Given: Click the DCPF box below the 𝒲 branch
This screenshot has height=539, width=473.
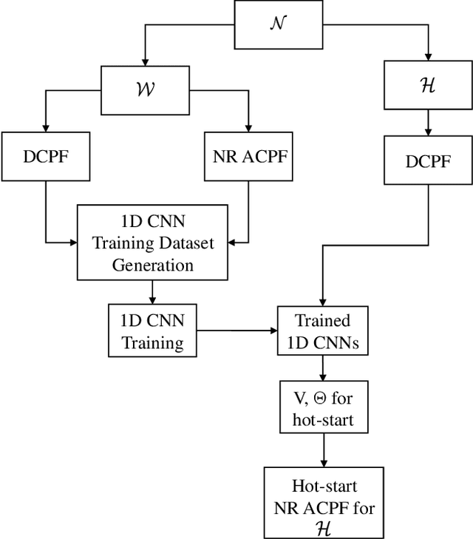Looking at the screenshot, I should pyautogui.click(x=46, y=156).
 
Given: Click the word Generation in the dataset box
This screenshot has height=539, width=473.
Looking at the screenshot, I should pyautogui.click(x=153, y=265).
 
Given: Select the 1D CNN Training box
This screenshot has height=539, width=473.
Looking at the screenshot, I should pyautogui.click(x=153, y=330).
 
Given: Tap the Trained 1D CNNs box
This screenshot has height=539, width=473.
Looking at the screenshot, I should pyautogui.click(x=322, y=330).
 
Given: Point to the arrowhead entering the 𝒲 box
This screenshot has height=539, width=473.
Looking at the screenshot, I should pyautogui.click(x=147, y=61).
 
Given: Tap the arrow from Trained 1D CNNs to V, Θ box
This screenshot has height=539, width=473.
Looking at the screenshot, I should pyautogui.click(x=322, y=367).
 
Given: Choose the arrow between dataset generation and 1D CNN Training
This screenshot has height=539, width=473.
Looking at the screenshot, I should pyautogui.click(x=153, y=292).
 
